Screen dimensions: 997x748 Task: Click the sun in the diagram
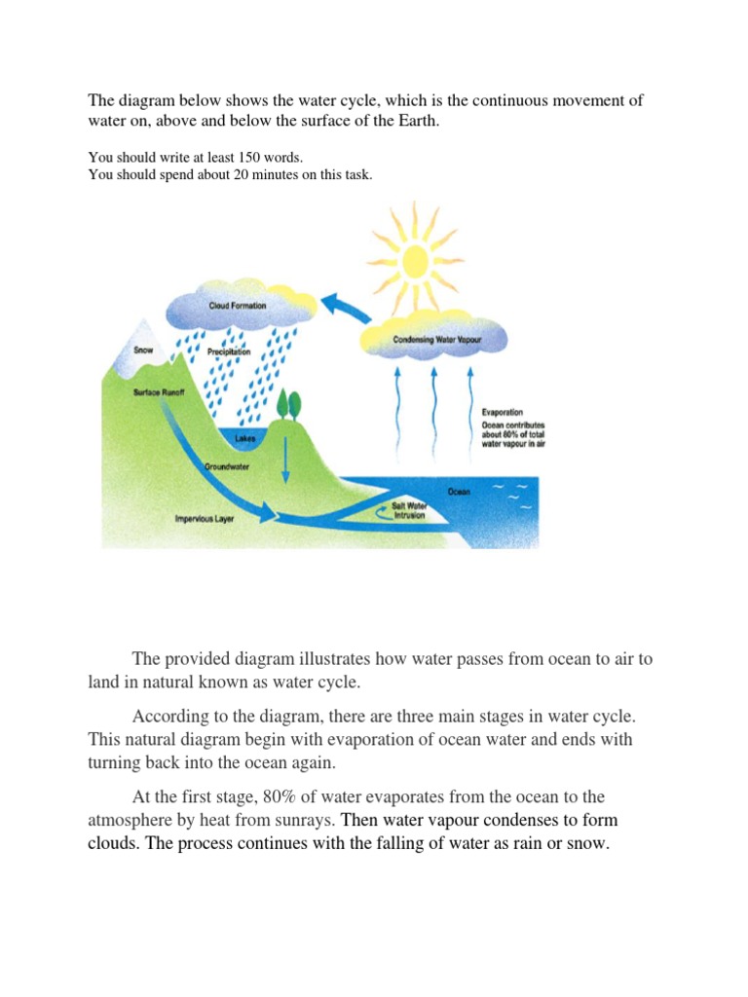[x=416, y=261]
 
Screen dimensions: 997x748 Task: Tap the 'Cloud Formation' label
[x=238, y=306]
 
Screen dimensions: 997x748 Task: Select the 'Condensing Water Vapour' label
[x=434, y=340]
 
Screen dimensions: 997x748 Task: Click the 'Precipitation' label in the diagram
[x=229, y=351]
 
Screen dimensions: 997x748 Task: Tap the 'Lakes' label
[x=244, y=439]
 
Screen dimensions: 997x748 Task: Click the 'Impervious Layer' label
[x=204, y=518]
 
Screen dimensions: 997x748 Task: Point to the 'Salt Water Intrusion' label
[x=409, y=510]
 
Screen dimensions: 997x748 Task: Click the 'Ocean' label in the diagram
[x=459, y=492]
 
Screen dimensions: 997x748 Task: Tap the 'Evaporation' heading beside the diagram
[x=503, y=413]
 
